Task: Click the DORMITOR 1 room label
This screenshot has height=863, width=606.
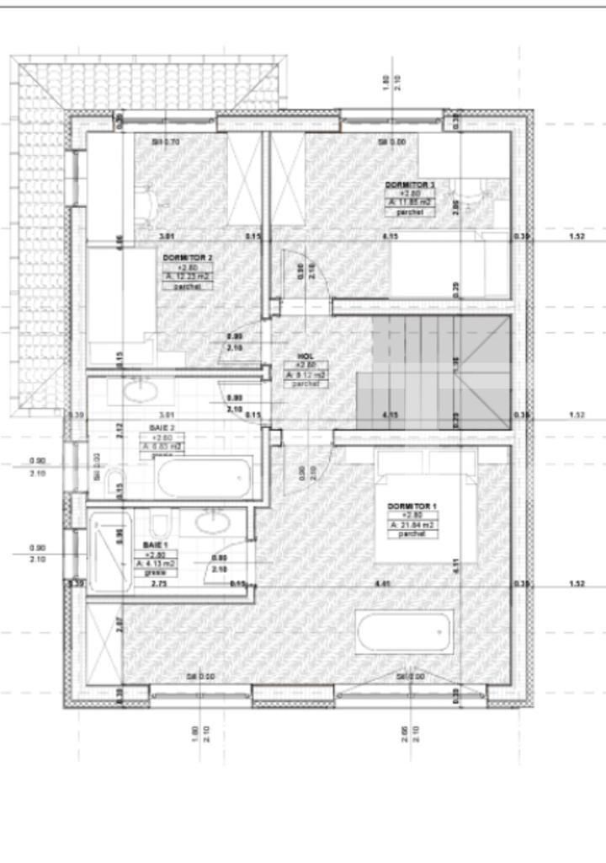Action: click(x=412, y=506)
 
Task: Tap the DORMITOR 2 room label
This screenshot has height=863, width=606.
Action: click(x=187, y=257)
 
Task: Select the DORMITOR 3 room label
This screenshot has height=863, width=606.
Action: click(x=410, y=184)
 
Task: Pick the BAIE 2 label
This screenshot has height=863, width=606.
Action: click(x=161, y=428)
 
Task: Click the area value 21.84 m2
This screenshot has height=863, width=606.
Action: click(x=412, y=525)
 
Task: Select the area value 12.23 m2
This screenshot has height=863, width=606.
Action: click(x=188, y=276)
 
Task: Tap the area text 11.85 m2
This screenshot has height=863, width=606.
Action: click(x=411, y=202)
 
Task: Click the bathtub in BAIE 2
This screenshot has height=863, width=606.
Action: click(x=205, y=478)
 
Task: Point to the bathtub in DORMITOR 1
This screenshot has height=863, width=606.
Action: click(x=405, y=632)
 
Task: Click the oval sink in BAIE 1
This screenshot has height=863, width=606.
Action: click(x=210, y=522)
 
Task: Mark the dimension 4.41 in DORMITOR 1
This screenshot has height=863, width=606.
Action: click(x=383, y=583)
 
